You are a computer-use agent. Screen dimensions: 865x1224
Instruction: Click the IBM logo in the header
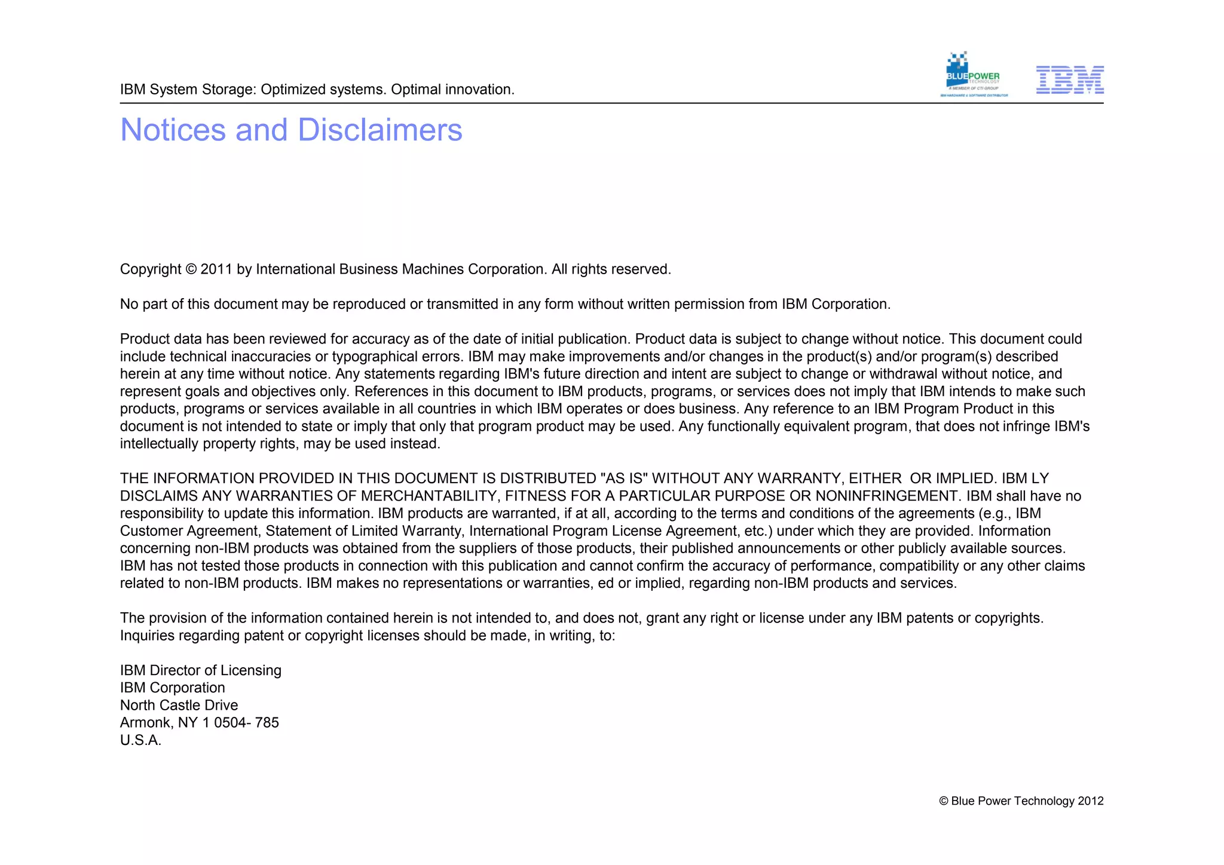click(x=1069, y=79)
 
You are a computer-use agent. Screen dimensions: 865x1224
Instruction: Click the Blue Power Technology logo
click(x=973, y=75)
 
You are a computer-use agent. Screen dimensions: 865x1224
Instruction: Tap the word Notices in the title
click(x=173, y=130)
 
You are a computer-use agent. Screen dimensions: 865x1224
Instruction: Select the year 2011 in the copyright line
click(x=216, y=269)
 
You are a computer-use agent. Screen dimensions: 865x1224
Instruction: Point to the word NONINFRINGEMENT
click(x=886, y=496)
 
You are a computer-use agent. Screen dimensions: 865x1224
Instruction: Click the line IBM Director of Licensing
click(x=200, y=670)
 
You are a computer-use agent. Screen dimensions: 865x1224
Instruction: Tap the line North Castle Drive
click(x=179, y=706)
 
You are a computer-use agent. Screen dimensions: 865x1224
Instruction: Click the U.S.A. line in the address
click(x=140, y=741)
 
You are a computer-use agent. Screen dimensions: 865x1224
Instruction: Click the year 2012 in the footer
click(x=1090, y=801)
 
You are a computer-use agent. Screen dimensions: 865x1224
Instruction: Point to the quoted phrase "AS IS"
click(x=623, y=478)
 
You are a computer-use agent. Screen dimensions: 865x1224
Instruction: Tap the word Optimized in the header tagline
click(x=292, y=90)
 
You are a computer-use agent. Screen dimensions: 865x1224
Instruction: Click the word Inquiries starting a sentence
click(x=148, y=636)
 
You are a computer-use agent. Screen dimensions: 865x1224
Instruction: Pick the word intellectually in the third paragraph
click(x=159, y=444)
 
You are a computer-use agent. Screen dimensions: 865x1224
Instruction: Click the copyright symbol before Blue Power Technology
click(x=943, y=801)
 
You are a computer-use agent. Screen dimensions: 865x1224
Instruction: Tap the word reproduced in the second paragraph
click(x=369, y=304)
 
